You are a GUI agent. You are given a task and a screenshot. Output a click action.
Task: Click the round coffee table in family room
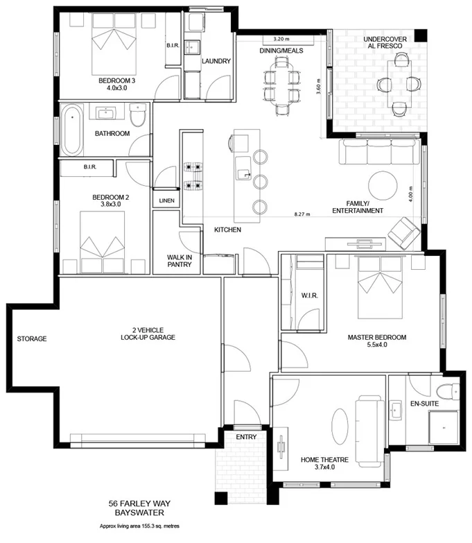(383, 185)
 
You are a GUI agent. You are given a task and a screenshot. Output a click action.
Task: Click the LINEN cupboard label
(166, 201)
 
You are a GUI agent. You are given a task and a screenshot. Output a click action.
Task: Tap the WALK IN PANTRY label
(178, 261)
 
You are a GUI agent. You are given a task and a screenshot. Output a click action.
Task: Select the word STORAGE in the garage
(33, 339)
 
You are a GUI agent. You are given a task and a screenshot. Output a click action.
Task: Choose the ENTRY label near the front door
(246, 437)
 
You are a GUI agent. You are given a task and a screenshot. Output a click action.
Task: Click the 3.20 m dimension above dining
(281, 40)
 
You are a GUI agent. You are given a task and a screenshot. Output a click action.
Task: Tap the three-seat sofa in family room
(379, 152)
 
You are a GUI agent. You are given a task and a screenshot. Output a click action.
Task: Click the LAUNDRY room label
(216, 61)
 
